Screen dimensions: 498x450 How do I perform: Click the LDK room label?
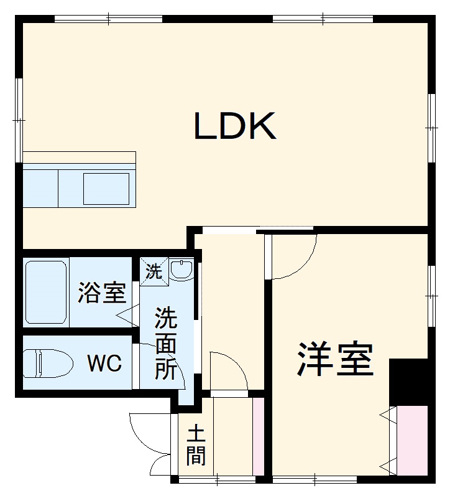[235, 126]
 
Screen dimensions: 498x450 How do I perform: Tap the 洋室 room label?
[336, 359]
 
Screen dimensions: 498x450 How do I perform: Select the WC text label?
[104, 364]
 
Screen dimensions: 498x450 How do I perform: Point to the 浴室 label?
[102, 293]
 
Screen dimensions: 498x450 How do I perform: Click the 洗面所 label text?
[166, 344]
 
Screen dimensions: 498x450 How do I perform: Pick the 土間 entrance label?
[196, 446]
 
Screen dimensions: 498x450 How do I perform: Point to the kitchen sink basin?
[106, 189]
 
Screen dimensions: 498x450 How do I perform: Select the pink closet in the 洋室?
[412, 440]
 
